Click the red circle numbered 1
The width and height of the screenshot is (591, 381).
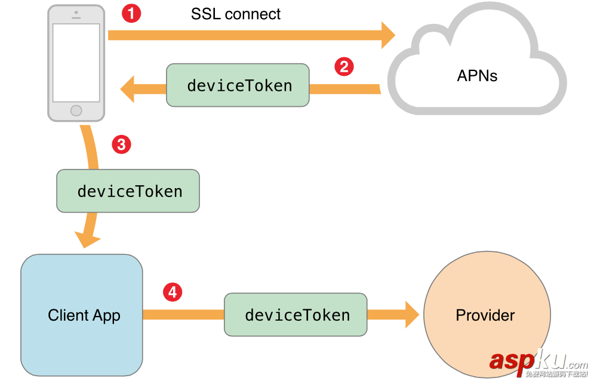pyautogui.click(x=131, y=13)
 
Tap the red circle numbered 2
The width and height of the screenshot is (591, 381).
pyautogui.click(x=343, y=66)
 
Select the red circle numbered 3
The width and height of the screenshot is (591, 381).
pyautogui.click(x=121, y=144)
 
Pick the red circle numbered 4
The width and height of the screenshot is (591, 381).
pyautogui.click(x=173, y=292)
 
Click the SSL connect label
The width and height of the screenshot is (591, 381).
pyautogui.click(x=236, y=14)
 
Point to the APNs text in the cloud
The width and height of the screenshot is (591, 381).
pyautogui.click(x=477, y=76)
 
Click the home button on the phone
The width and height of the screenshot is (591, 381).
pyautogui.click(x=76, y=110)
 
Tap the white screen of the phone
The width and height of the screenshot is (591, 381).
pyautogui.click(x=76, y=63)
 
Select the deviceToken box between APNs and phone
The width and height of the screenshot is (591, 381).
pyautogui.click(x=238, y=85)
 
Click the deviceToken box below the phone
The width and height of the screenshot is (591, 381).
pyautogui.click(x=128, y=191)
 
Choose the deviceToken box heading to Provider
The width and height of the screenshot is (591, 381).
pyautogui.click(x=295, y=314)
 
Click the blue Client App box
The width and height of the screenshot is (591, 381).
pyautogui.click(x=82, y=315)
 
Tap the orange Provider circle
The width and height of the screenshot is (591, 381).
pyautogui.click(x=485, y=315)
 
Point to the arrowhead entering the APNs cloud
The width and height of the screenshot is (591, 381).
pyautogui.click(x=387, y=35)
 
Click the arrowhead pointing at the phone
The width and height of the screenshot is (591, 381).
pyautogui.click(x=127, y=90)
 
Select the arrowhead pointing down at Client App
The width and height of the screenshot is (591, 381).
pyautogui.click(x=88, y=239)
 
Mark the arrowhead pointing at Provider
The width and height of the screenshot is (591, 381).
pyautogui.click(x=412, y=315)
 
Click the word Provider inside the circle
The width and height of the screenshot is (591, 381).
pyautogui.click(x=485, y=315)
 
